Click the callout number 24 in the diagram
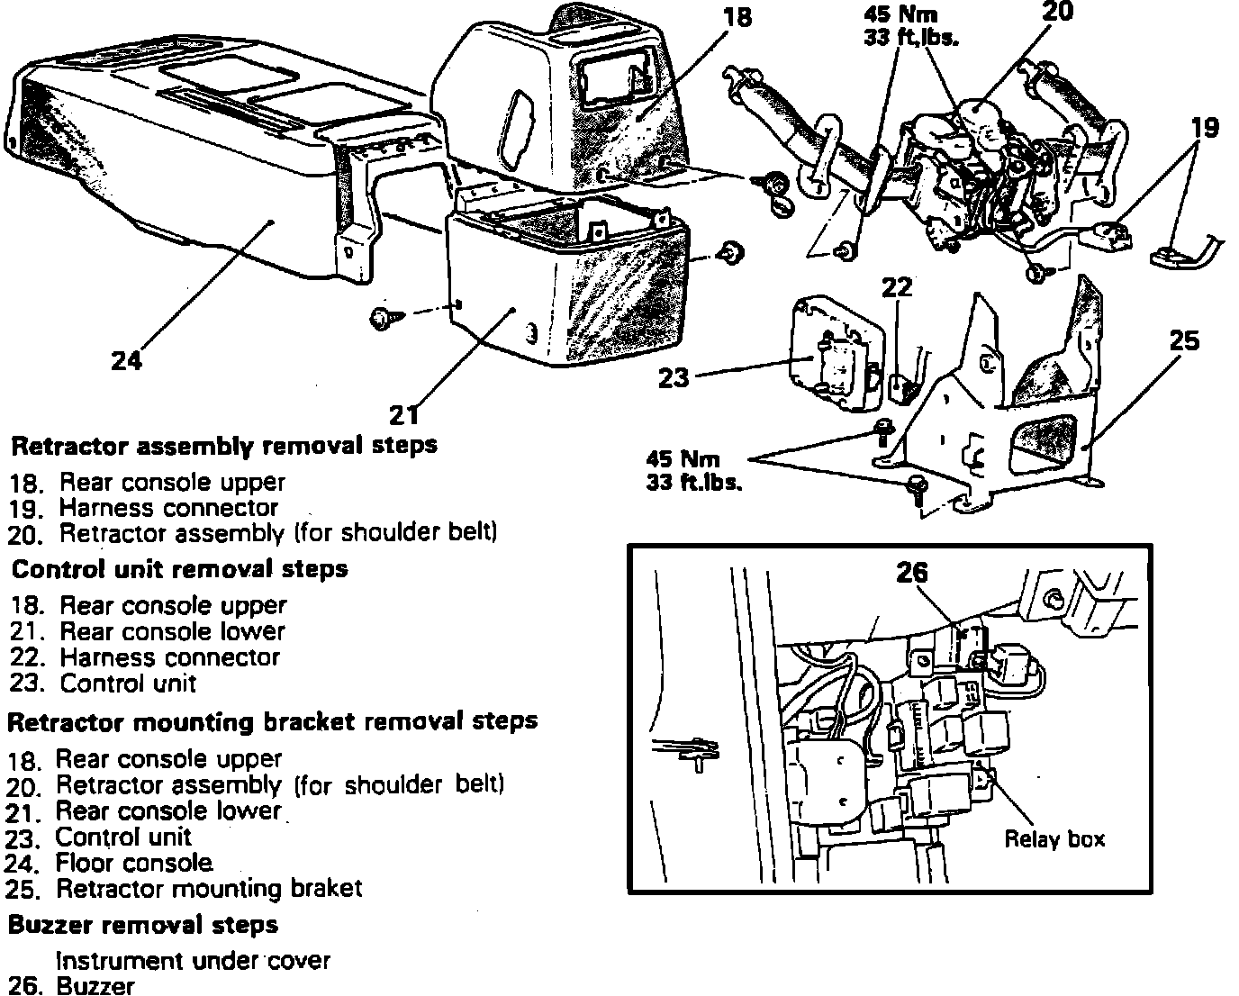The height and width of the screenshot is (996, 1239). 127,360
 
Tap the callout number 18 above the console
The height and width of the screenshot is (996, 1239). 737,17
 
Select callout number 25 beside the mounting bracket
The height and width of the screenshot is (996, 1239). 1184,340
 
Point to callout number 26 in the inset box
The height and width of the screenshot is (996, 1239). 911,573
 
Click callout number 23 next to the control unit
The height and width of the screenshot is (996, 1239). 674,377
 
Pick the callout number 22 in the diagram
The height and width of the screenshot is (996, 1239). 897,287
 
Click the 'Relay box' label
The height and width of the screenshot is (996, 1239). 1054,839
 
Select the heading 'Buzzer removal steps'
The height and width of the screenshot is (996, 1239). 143,925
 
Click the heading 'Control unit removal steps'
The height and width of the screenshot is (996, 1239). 179,569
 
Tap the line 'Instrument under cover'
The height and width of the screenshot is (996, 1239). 193,961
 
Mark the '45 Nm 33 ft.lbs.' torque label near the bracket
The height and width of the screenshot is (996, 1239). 693,470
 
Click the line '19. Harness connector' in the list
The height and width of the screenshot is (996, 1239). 144,508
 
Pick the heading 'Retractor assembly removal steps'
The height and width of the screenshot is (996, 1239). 223,445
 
